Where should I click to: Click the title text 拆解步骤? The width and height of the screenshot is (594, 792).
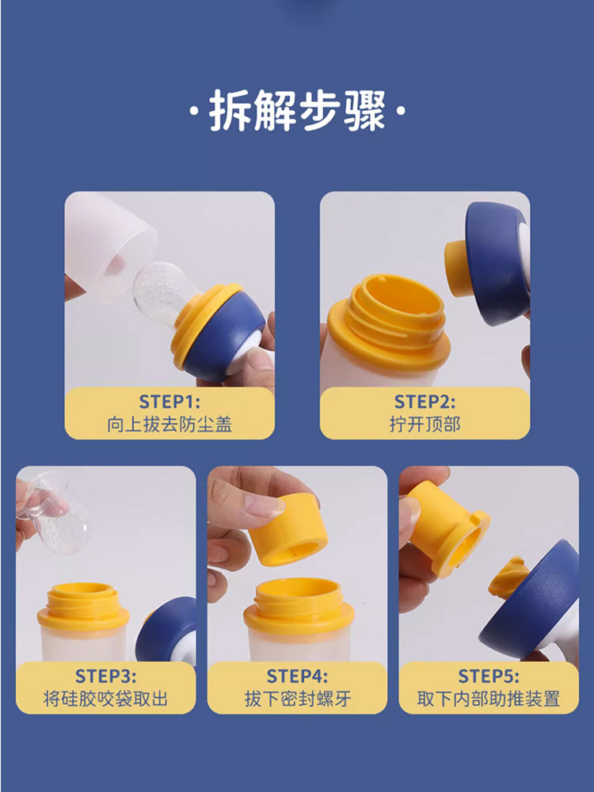(x=297, y=111)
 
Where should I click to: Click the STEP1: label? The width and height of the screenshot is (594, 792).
(x=169, y=402)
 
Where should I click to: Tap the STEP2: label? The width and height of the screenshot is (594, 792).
(x=425, y=402)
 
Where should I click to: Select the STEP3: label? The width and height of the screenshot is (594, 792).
(x=105, y=676)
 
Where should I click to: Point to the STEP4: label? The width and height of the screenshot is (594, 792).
(x=297, y=676)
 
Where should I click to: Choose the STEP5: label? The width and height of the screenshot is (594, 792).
(x=489, y=676)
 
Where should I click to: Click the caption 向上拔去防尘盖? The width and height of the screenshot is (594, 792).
(x=169, y=425)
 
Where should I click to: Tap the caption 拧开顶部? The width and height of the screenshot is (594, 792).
(x=425, y=425)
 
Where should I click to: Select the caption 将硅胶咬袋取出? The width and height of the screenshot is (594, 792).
(x=105, y=699)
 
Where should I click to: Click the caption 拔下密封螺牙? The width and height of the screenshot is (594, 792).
(x=297, y=699)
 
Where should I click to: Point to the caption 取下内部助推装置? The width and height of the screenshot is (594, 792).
(x=489, y=699)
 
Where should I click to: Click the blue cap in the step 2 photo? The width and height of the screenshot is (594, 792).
(x=495, y=263)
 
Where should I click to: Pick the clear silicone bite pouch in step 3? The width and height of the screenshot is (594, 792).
(x=55, y=516)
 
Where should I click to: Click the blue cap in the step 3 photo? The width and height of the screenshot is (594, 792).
(x=166, y=631)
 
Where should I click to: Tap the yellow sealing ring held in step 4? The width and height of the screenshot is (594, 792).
(x=288, y=531)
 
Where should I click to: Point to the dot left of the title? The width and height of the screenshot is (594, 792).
(x=193, y=111)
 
